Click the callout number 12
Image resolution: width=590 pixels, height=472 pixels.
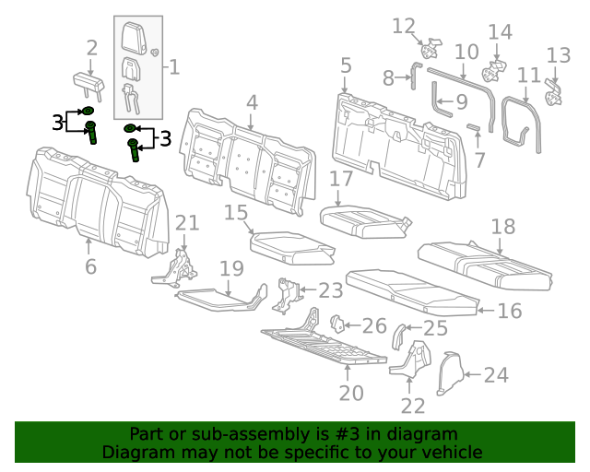404,25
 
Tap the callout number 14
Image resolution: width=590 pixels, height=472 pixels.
500,32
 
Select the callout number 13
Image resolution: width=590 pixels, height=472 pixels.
559,55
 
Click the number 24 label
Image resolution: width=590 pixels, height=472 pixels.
495,374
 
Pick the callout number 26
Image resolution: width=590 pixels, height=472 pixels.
374,325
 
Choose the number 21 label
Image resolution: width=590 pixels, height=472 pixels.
187,222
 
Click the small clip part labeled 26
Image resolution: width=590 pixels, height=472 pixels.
336,324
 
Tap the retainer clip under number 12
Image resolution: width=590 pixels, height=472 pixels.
432,45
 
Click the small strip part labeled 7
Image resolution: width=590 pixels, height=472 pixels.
474,126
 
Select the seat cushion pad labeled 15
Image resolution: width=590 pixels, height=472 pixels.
289,244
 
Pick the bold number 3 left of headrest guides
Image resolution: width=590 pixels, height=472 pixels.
57,122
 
